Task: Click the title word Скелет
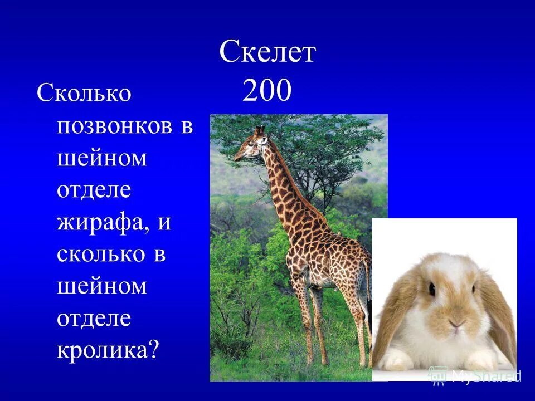(x=267, y=53)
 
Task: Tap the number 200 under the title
(x=267, y=91)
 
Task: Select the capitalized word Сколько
(x=84, y=93)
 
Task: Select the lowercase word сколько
(x=95, y=255)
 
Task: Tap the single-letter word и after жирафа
(x=164, y=223)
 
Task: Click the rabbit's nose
(x=456, y=322)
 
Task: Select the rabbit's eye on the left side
(x=431, y=288)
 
